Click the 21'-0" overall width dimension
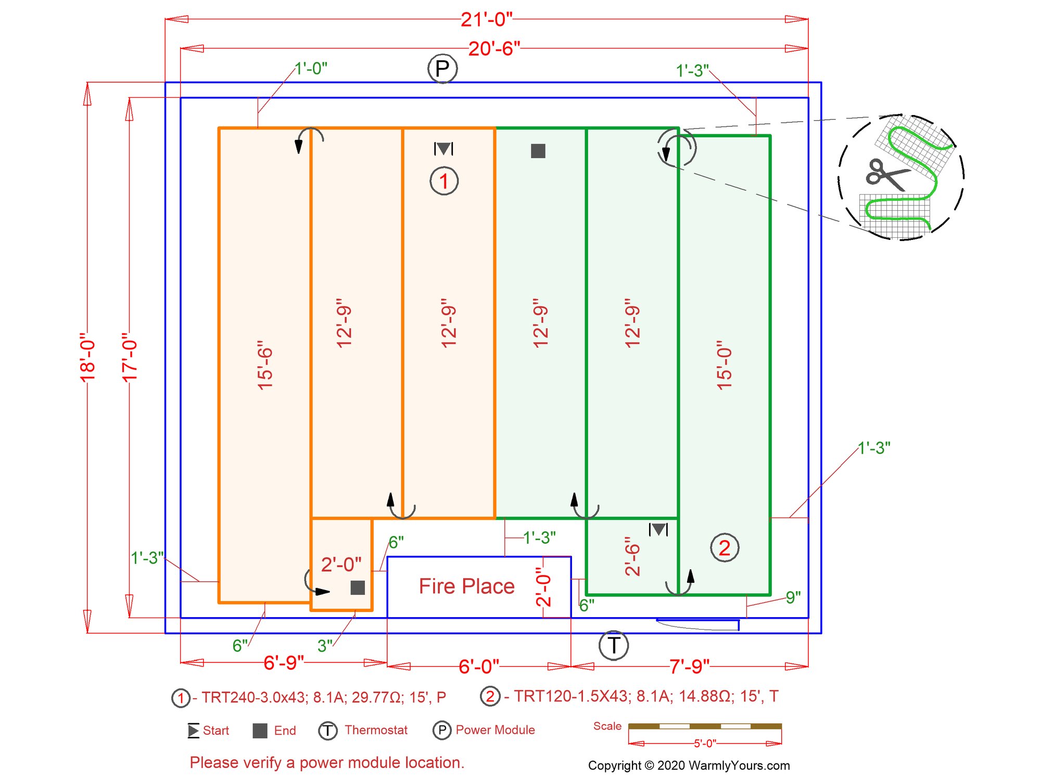click(x=486, y=20)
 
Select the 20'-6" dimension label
click(x=494, y=49)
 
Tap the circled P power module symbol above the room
click(x=442, y=69)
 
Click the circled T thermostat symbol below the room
click(x=614, y=645)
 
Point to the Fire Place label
click(x=466, y=586)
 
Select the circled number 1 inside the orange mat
click(x=444, y=181)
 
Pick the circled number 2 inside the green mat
click(x=725, y=548)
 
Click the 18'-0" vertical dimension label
click(x=87, y=357)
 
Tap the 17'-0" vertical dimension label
click(x=130, y=357)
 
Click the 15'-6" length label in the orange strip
click(x=265, y=365)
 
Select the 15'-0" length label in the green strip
click(x=724, y=365)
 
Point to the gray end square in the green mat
click(x=538, y=151)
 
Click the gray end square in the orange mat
click(x=358, y=587)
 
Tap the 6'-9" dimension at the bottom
click(x=284, y=663)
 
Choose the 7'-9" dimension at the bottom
click(x=689, y=666)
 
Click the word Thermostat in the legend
click(x=376, y=730)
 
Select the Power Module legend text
click(x=495, y=730)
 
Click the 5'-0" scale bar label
click(x=705, y=744)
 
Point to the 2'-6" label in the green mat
click(x=632, y=556)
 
